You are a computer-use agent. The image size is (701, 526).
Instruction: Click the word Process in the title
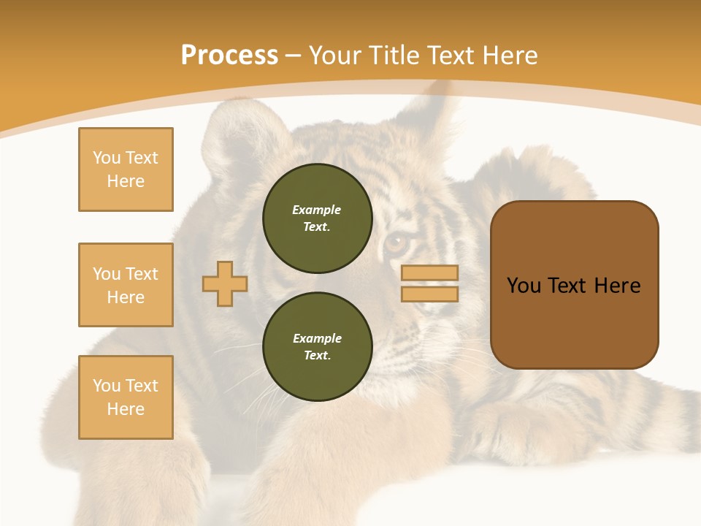point(229,56)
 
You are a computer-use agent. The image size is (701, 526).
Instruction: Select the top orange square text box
point(126,169)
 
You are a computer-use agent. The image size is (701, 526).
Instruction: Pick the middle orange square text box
point(126,285)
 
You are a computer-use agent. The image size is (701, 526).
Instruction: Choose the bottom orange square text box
point(126,397)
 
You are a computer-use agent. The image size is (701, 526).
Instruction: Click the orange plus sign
point(225,283)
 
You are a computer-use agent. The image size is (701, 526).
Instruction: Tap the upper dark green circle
point(317,218)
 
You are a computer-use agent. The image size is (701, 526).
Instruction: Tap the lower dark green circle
point(317,347)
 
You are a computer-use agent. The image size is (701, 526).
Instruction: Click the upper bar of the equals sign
point(429,273)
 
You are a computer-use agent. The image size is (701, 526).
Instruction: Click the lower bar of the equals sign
point(429,294)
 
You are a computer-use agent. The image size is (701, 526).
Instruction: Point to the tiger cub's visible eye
point(397,242)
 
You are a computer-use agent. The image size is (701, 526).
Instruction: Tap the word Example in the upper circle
point(317,210)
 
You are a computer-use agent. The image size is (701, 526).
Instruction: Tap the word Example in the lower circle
point(317,338)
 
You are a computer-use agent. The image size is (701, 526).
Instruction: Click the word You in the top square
point(105,158)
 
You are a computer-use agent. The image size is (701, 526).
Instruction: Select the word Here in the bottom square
point(126,409)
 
